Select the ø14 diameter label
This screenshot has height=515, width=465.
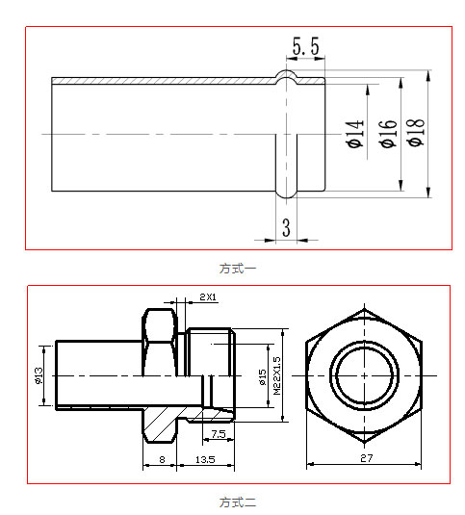pos(353,133)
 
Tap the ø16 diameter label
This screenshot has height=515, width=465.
pos(387,133)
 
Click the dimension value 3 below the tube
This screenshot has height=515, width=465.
pos(286,227)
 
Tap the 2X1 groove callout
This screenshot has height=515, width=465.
pos(207,297)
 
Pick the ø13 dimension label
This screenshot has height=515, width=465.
pos(40,373)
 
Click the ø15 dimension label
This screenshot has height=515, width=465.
pos(262,376)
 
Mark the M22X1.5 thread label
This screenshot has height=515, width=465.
pos(276,374)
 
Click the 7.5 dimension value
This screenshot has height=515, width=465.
pos(218,434)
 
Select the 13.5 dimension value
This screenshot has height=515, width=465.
pos(205,460)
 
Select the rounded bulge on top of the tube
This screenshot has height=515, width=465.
pos(287,76)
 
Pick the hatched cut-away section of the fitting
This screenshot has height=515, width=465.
pos(164,420)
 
